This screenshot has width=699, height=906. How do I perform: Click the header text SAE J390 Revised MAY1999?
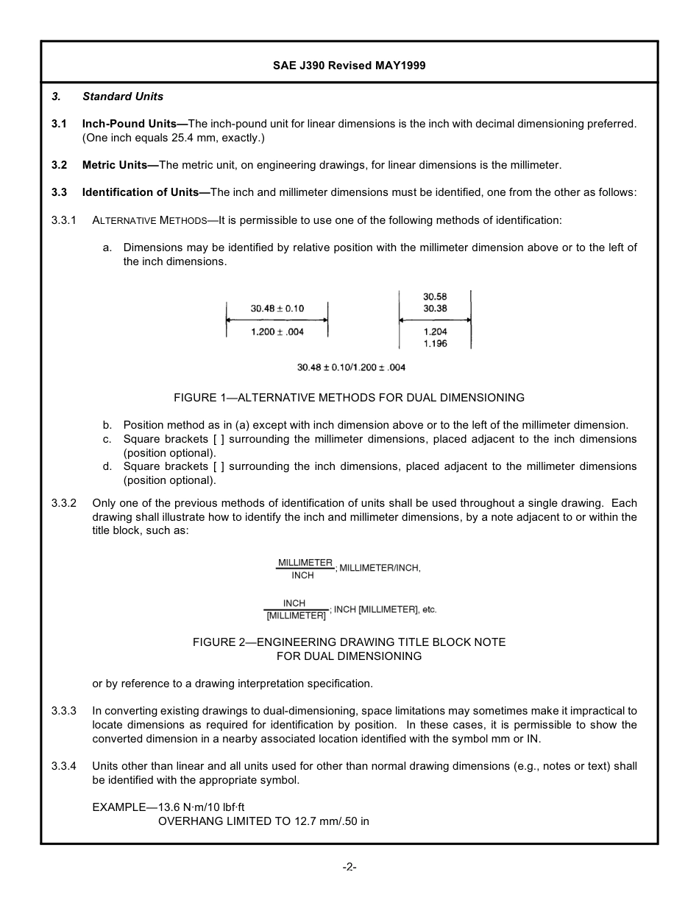(x=349, y=66)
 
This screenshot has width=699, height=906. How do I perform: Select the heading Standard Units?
(x=123, y=96)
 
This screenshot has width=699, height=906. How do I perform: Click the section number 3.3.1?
(x=64, y=220)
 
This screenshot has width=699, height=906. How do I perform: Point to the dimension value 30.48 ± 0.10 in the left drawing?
(x=277, y=309)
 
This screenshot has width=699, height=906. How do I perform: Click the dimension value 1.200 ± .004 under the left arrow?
(x=277, y=332)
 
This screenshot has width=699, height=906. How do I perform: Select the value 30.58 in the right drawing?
(x=435, y=298)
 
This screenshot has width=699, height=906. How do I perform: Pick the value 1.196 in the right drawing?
(x=435, y=344)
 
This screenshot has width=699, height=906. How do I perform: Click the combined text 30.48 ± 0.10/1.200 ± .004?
(x=351, y=368)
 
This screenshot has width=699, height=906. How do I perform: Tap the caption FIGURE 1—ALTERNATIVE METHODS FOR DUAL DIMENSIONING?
(x=349, y=398)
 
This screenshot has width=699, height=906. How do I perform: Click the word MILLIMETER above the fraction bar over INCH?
(x=305, y=563)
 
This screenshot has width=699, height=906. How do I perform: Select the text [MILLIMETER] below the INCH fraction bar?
(x=296, y=616)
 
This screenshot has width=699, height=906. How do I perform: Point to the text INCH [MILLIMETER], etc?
(x=385, y=610)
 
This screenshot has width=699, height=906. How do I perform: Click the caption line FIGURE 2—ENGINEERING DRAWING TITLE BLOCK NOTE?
(x=349, y=642)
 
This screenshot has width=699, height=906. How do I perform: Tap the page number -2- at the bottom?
(x=349, y=868)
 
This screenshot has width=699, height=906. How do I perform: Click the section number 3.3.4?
(x=64, y=766)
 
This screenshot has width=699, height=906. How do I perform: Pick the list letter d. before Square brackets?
(x=107, y=466)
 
